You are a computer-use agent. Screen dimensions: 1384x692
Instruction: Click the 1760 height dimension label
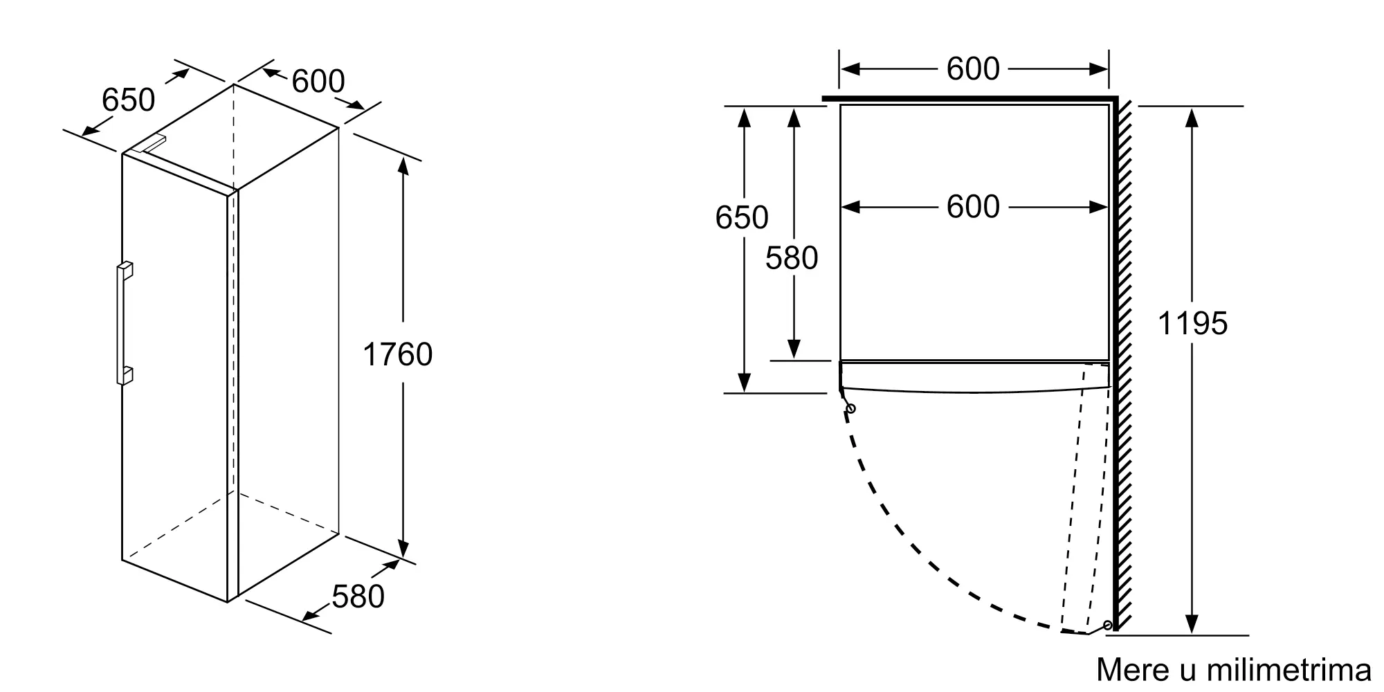click(x=397, y=355)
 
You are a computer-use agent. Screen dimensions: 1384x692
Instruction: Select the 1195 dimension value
click(x=1192, y=323)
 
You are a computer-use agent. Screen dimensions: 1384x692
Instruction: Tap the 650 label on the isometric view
click(x=128, y=100)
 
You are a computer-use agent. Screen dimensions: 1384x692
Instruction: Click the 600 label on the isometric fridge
click(x=318, y=81)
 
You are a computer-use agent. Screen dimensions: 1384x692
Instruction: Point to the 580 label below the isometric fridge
click(x=358, y=597)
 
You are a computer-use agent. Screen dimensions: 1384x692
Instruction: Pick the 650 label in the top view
click(x=741, y=217)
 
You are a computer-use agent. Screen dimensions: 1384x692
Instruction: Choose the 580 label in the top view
click(x=792, y=258)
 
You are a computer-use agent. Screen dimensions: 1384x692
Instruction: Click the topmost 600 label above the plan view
click(x=973, y=69)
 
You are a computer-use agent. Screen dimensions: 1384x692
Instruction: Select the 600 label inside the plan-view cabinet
click(x=973, y=206)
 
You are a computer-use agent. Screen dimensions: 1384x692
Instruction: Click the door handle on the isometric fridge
click(x=125, y=323)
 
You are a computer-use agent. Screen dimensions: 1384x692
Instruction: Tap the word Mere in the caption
click(x=1123, y=670)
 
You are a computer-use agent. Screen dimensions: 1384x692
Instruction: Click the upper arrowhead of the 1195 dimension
click(x=1191, y=117)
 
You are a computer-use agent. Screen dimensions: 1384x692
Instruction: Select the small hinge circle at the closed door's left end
click(x=850, y=409)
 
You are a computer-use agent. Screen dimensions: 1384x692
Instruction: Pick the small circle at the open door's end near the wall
click(x=1108, y=625)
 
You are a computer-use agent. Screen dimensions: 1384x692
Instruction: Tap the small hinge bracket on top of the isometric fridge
click(x=149, y=143)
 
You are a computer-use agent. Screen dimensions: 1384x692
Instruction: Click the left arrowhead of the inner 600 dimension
click(x=850, y=207)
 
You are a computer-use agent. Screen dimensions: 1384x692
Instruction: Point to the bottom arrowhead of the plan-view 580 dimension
click(x=794, y=349)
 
